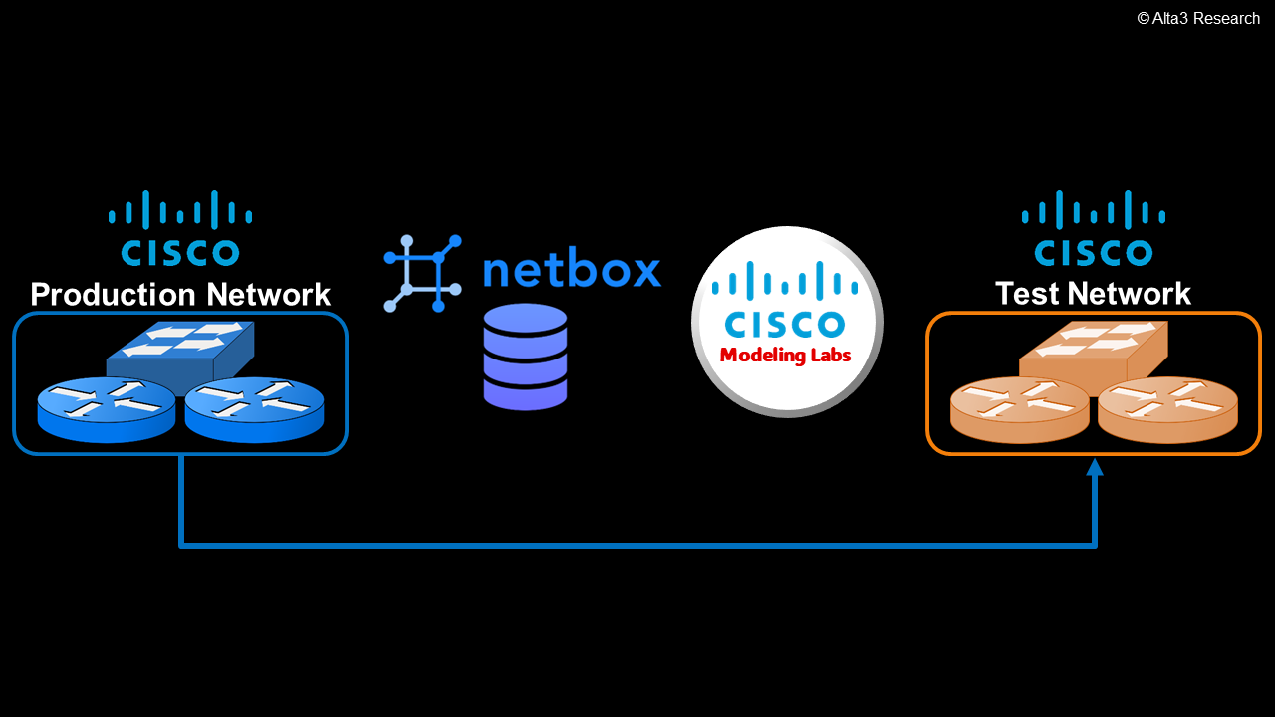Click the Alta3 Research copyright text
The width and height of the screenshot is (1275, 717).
click(x=1198, y=18)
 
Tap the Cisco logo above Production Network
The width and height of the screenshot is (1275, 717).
click(x=180, y=228)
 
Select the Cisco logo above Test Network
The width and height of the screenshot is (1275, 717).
click(x=1094, y=228)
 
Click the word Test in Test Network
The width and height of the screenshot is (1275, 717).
click(x=1027, y=294)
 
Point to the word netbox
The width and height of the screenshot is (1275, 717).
click(x=572, y=271)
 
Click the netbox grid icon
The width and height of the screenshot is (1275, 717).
click(x=422, y=273)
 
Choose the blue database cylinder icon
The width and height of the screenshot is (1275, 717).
click(x=525, y=357)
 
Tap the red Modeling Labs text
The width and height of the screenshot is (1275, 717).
click(x=785, y=356)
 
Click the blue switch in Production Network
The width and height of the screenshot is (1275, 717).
click(x=180, y=350)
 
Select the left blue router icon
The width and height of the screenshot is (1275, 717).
click(x=106, y=409)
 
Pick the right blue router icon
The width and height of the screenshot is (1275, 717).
click(x=254, y=409)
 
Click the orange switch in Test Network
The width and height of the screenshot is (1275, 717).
click(x=1093, y=350)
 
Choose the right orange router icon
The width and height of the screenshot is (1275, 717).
click(x=1167, y=409)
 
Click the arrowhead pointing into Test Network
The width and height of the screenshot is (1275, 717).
click(x=1095, y=467)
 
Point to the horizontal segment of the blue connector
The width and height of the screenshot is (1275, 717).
click(x=637, y=545)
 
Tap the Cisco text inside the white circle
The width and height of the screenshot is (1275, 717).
click(x=785, y=324)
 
